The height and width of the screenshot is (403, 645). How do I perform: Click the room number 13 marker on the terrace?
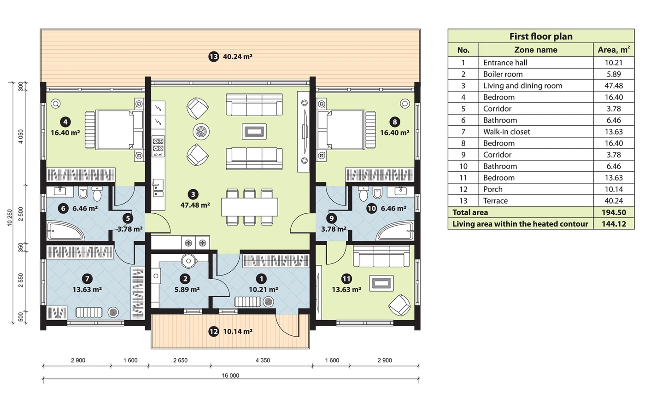point(214,57)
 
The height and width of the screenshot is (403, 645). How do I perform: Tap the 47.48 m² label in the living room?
point(195,205)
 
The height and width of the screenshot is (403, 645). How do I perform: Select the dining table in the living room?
point(250,207)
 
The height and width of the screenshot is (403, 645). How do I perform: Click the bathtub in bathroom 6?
point(66,231)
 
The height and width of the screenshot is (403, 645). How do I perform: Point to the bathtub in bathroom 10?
point(395,231)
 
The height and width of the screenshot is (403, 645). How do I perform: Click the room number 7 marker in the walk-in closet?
point(87,279)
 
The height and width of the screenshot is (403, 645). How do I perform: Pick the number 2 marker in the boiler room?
point(185,279)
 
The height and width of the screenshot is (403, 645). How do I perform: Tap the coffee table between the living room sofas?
point(254,132)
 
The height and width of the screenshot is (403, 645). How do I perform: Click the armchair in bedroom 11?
point(399,305)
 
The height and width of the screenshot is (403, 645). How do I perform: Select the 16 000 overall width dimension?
point(230,375)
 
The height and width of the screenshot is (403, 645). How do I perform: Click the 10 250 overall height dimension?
point(10,217)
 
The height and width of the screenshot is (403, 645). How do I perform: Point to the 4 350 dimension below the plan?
point(263,360)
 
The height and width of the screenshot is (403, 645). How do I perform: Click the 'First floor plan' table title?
point(541,36)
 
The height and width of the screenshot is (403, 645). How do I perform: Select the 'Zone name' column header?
point(535,50)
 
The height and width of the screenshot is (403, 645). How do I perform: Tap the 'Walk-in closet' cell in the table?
point(506,132)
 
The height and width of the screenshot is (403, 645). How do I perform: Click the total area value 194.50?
point(614,212)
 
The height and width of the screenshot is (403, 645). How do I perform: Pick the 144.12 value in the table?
point(614,224)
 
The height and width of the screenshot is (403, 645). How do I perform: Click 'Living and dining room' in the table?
point(522,86)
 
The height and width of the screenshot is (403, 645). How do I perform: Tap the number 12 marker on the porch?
point(214,332)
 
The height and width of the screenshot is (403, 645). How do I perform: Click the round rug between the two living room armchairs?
point(201,132)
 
